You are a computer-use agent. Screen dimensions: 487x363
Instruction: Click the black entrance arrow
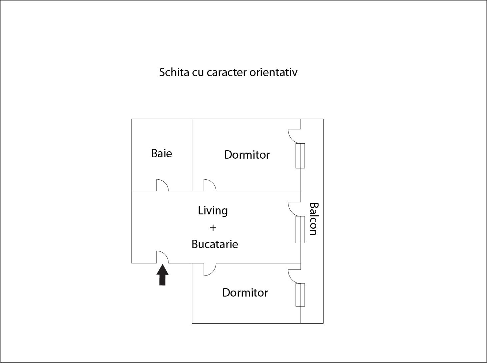click(162, 275)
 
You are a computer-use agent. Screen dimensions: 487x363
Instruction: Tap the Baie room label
click(161, 153)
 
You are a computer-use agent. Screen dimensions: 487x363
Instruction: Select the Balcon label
click(314, 219)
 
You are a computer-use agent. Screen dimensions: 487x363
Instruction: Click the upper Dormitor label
click(247, 155)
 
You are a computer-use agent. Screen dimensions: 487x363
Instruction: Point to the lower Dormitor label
click(245, 293)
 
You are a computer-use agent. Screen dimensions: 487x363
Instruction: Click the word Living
click(213, 211)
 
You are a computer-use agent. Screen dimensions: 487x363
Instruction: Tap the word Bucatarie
click(215, 244)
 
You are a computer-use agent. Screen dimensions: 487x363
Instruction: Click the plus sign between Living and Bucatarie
click(213, 228)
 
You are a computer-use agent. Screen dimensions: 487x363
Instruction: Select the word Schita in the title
click(174, 72)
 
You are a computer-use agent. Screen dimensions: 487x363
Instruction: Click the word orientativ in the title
click(274, 72)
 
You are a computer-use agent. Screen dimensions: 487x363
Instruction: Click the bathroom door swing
click(162, 185)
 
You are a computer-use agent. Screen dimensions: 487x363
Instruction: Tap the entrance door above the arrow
click(162, 257)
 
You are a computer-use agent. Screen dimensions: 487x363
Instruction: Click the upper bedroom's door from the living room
click(210, 185)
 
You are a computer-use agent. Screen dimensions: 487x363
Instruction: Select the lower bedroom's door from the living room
click(210, 269)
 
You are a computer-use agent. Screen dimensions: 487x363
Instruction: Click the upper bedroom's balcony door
click(295, 136)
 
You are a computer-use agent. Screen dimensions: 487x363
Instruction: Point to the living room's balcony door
click(295, 209)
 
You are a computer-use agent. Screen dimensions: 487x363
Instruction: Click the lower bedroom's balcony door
click(295, 277)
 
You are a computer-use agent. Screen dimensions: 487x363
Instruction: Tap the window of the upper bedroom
click(300, 156)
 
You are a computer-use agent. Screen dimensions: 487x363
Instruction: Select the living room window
click(300, 229)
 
